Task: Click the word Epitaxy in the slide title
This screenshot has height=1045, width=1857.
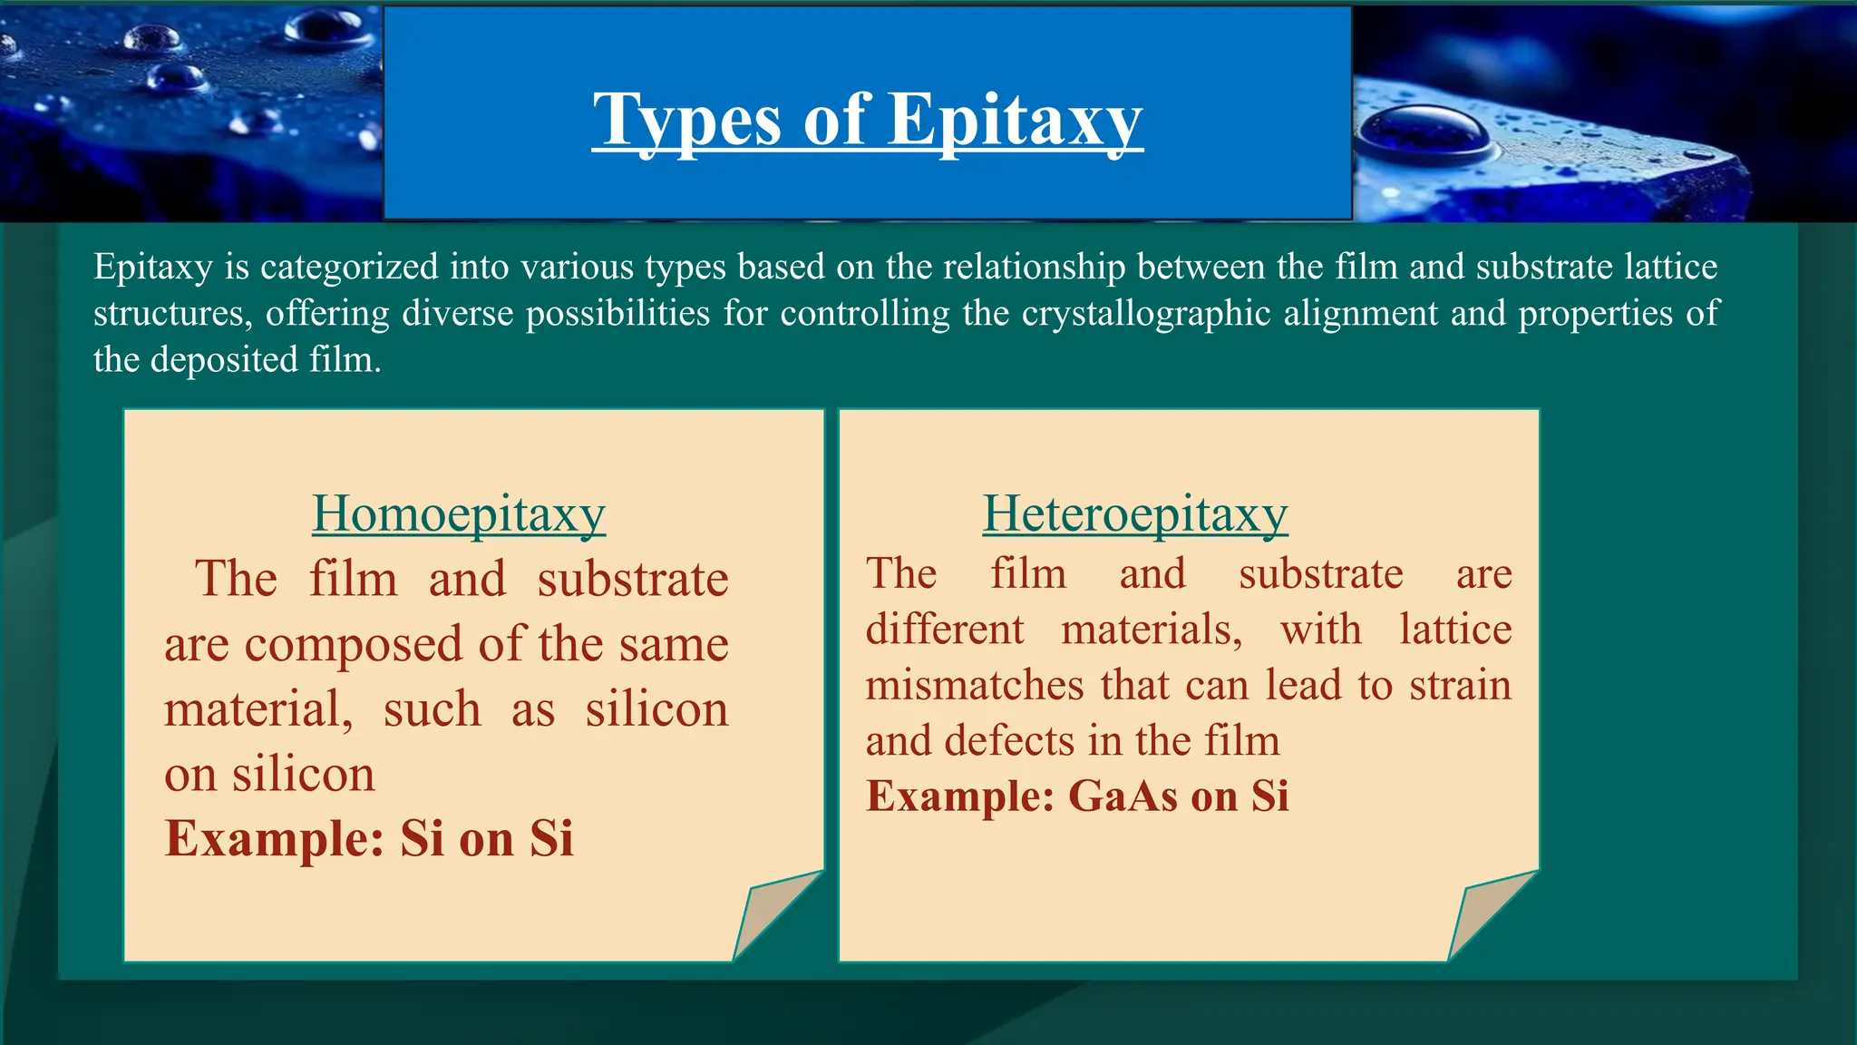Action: (x=1015, y=121)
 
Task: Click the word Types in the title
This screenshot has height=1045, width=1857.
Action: (x=686, y=121)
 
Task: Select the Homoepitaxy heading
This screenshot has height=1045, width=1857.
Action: (x=459, y=513)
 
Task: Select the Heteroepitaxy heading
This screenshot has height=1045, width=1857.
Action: (x=1134, y=513)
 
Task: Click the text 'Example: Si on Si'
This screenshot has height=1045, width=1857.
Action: (x=369, y=838)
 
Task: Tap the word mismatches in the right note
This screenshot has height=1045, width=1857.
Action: (x=974, y=685)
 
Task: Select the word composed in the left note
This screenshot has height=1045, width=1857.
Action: (x=354, y=645)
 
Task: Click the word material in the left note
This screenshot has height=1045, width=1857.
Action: (x=257, y=709)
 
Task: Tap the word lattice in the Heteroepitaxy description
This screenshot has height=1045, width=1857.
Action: (x=1454, y=630)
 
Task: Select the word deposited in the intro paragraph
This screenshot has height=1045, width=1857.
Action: (x=224, y=360)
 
